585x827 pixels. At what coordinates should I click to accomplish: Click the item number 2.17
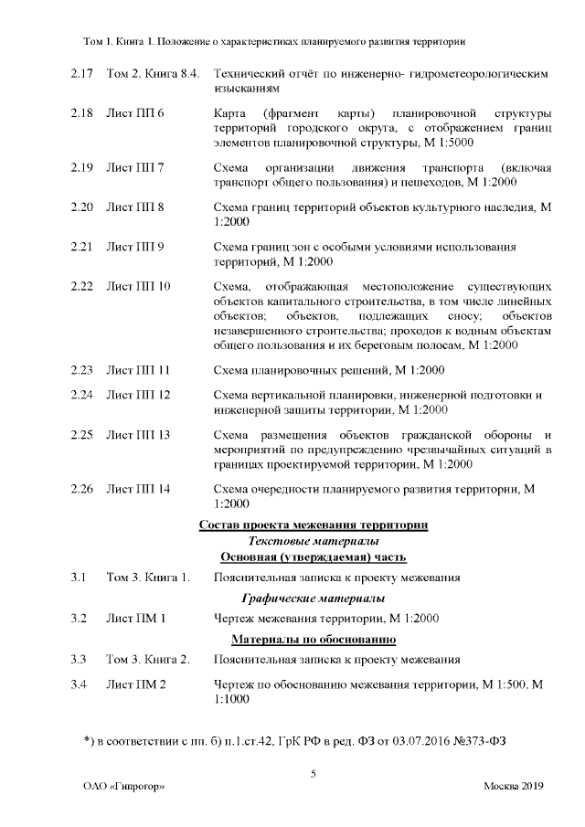pos(82,72)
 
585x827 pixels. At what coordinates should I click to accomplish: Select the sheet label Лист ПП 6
pos(135,113)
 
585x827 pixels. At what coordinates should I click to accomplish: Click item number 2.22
pos(82,286)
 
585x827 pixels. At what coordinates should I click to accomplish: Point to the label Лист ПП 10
pos(139,286)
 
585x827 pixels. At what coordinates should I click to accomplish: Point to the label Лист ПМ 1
pos(136,619)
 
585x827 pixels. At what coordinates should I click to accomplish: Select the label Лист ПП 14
pos(139,489)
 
